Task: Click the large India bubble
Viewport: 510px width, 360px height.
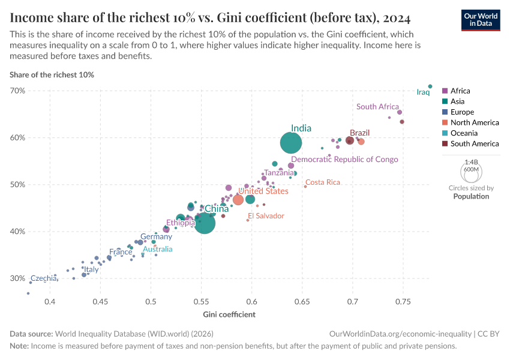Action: [x=291, y=143]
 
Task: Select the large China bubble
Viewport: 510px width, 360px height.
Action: [x=204, y=223]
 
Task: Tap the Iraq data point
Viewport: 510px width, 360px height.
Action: [x=430, y=86]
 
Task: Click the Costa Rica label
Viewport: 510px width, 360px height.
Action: [x=323, y=182]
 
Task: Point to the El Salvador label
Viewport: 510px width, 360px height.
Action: [x=266, y=215]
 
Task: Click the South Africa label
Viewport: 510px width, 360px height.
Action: [x=377, y=107]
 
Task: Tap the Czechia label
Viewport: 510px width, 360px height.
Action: [x=43, y=278]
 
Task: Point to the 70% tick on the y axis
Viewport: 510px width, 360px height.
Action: [x=17, y=91]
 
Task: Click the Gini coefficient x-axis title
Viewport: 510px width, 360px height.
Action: [x=229, y=314]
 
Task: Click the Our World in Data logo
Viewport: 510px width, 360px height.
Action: [x=481, y=19]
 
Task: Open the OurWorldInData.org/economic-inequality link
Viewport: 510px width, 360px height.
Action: [x=400, y=334]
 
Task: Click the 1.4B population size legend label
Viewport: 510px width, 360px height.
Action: [x=471, y=162]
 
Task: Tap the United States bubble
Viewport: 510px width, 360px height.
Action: [x=238, y=199]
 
